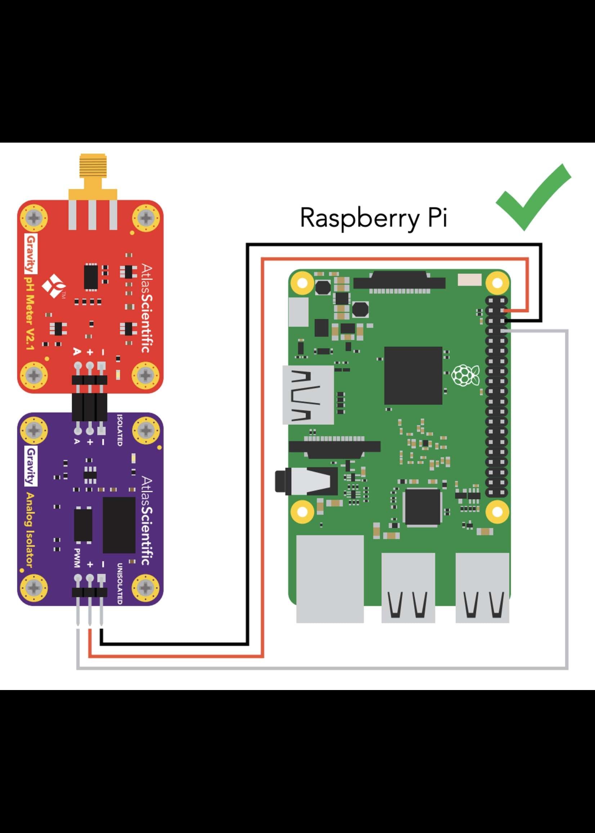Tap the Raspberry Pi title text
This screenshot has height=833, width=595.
pos(373,218)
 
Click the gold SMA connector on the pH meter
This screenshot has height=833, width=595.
pos(92,172)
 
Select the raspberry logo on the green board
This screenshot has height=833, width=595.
pos(465,375)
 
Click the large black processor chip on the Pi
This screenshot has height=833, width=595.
pos(413,375)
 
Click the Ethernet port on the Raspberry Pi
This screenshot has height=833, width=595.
pos(330,578)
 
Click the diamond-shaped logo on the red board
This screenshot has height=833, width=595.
pos(54,286)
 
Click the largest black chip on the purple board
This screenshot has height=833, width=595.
pos(119,525)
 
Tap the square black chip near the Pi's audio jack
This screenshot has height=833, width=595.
pos(422,507)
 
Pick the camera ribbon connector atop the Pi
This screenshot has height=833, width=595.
pos(399,282)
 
